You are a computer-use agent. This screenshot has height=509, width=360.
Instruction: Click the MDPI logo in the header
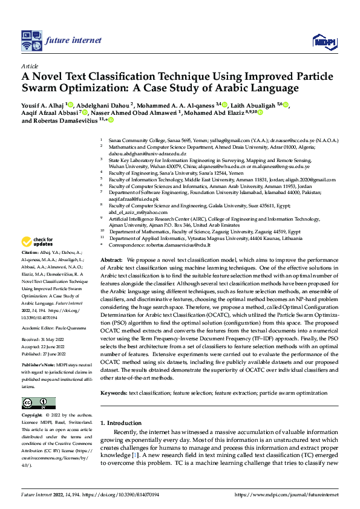click(x=323, y=41)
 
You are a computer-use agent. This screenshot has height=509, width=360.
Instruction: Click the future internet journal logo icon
click(x=31, y=41)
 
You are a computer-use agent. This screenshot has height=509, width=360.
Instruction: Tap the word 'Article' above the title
click(x=29, y=65)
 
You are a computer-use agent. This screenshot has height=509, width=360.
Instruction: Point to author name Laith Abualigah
click(x=252, y=105)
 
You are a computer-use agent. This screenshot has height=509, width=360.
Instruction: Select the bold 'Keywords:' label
click(x=114, y=393)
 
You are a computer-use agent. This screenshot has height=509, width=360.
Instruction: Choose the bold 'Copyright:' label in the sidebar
click(x=32, y=416)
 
